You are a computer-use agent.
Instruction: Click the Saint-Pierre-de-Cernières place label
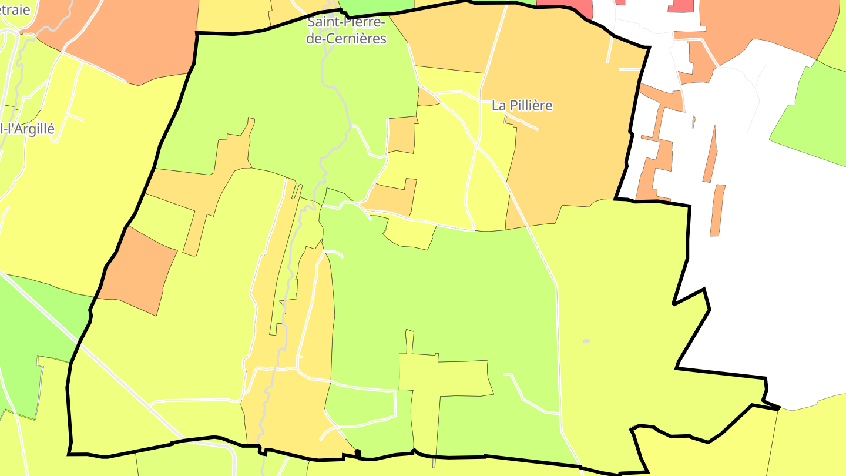point(347,31)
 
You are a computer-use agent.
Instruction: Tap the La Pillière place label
point(522,106)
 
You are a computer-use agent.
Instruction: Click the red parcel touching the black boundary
point(564,8)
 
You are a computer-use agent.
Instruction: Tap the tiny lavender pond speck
point(586,341)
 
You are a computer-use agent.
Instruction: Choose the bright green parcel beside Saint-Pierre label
point(376,6)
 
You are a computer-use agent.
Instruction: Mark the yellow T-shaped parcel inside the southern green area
point(446,376)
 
